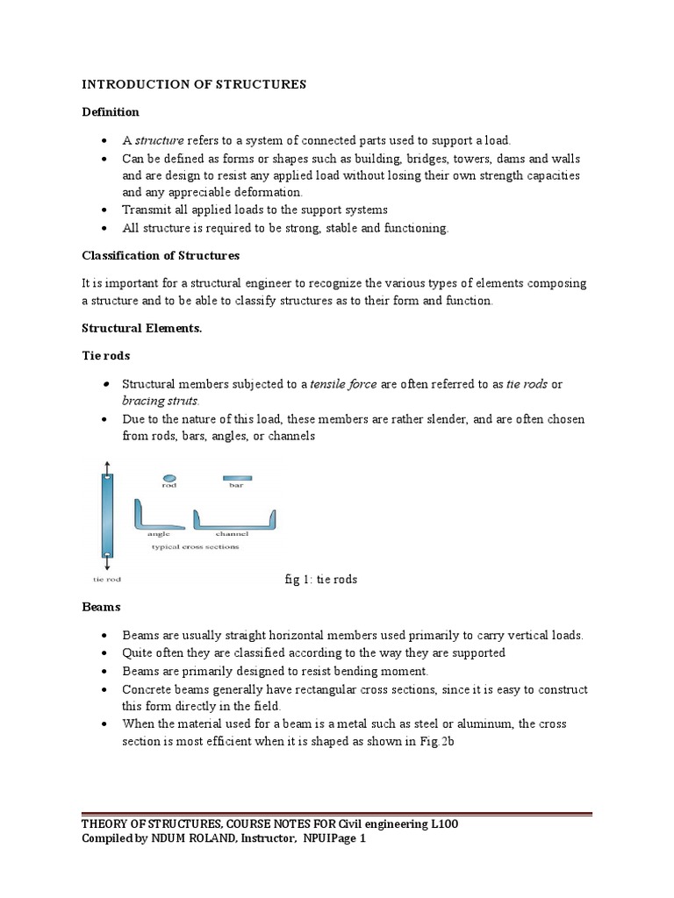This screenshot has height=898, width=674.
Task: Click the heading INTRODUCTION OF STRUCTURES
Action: [194, 84]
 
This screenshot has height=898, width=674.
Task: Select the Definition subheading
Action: [111, 112]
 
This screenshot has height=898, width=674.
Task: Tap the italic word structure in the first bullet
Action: [158, 140]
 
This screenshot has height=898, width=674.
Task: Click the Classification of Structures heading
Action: [161, 256]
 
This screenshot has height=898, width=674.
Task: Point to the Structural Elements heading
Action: [140, 329]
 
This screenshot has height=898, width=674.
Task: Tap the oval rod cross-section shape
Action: [169, 477]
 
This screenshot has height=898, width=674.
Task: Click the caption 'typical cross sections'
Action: [195, 546]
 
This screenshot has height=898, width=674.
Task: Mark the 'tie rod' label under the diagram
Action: [107, 579]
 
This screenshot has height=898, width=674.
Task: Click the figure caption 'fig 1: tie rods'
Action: [321, 580]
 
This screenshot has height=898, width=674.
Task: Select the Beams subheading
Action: [101, 607]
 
